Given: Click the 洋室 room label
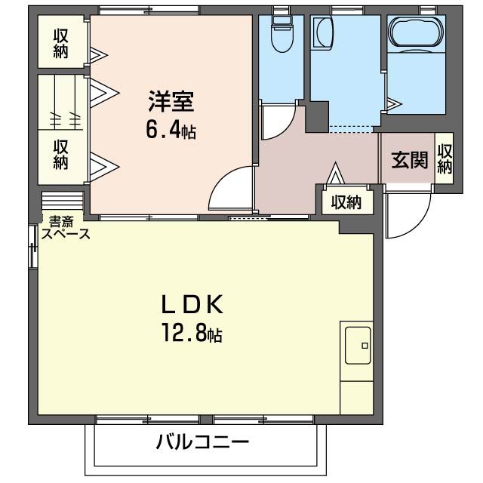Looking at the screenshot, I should (171, 100).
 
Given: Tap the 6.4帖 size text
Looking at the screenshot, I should (171, 131).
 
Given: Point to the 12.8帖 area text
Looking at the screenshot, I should (191, 333).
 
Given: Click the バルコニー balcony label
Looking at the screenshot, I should (202, 443).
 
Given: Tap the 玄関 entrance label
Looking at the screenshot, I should (409, 160).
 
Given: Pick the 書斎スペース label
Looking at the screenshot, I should (66, 228).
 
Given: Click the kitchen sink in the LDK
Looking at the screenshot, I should (356, 346).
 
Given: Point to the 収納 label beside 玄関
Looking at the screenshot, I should (445, 159).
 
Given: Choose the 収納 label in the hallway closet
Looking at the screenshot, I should (346, 202).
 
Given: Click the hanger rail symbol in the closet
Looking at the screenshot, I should (65, 118).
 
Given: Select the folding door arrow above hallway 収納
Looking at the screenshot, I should (335, 174).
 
